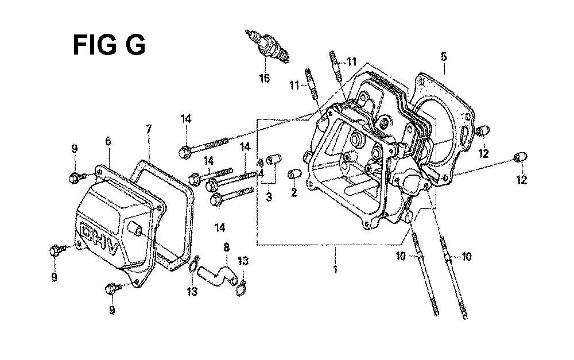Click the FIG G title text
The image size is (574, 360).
point(109,45)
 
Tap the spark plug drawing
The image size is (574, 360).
point(267,46)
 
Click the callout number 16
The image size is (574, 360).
point(265,78)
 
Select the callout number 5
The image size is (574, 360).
point(444,57)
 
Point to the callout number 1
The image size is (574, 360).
point(335,270)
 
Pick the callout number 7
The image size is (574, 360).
point(149,129)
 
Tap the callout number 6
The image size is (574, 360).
point(108,141)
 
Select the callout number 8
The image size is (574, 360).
point(226,247)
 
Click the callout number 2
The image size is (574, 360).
point(294,192)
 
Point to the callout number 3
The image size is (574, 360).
point(269,197)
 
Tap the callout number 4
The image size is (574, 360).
point(261,173)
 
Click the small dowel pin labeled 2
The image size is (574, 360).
point(294,173)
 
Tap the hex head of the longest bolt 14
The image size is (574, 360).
point(185,152)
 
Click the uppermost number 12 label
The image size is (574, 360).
point(484,153)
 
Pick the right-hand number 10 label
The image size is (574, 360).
point(466,256)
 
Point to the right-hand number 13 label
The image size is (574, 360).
point(243,261)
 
